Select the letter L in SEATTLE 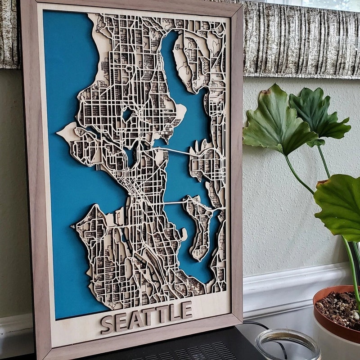[x=175, y=311]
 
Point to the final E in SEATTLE [x=187, y=310]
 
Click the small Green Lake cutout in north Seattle [x=127, y=114]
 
